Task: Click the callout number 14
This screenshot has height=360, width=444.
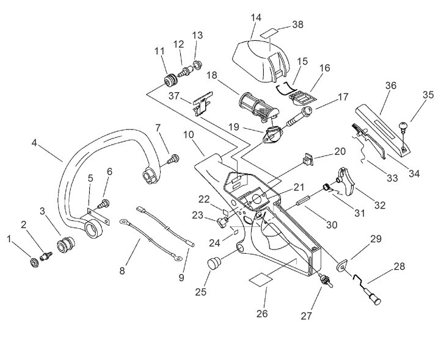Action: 255,18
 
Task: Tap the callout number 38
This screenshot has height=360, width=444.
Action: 297,24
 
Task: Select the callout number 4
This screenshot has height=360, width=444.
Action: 34,145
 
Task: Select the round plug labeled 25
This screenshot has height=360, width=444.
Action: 214,264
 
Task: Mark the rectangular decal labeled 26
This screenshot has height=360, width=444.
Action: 261,280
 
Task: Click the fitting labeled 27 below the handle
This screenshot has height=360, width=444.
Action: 325,283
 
